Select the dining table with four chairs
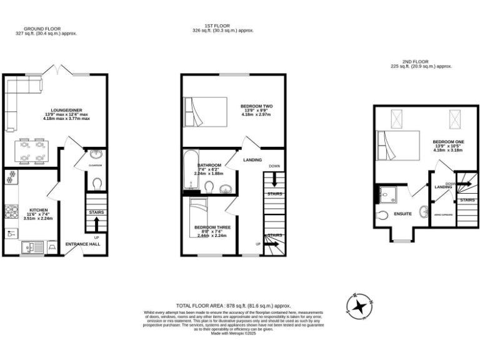pos(32,150)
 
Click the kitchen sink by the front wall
pos(31,247)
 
